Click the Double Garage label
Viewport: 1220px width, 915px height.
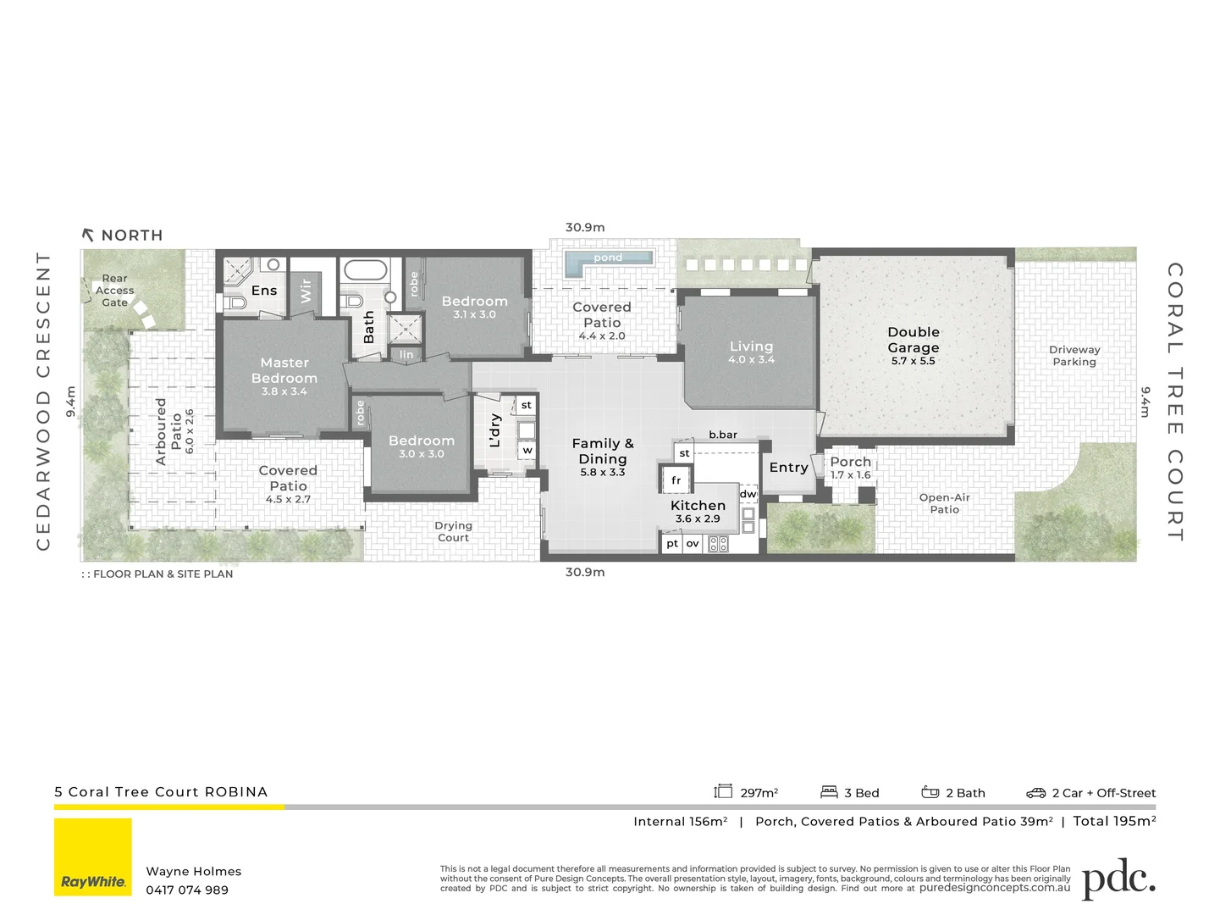(x=913, y=340)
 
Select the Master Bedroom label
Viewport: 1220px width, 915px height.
(x=284, y=370)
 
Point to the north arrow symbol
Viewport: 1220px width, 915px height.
(x=88, y=235)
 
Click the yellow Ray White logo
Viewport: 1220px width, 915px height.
(x=93, y=857)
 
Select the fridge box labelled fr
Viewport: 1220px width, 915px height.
(x=676, y=480)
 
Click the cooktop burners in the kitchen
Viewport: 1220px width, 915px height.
(x=718, y=544)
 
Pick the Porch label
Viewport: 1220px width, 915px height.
(x=850, y=462)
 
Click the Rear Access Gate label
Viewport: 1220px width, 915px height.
(x=114, y=291)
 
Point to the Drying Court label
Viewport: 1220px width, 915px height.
(x=453, y=531)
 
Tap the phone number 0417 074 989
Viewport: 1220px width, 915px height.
(x=187, y=890)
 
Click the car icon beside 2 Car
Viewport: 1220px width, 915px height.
(x=1035, y=793)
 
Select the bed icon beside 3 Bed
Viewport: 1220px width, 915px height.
(x=829, y=792)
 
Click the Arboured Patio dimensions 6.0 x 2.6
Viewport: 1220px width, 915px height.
(x=190, y=431)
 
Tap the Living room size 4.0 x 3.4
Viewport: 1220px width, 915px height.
(x=751, y=359)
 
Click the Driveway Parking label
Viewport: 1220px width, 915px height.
(x=1074, y=356)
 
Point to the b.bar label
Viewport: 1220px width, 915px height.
(x=722, y=435)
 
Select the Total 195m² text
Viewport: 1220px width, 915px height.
(x=1113, y=821)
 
